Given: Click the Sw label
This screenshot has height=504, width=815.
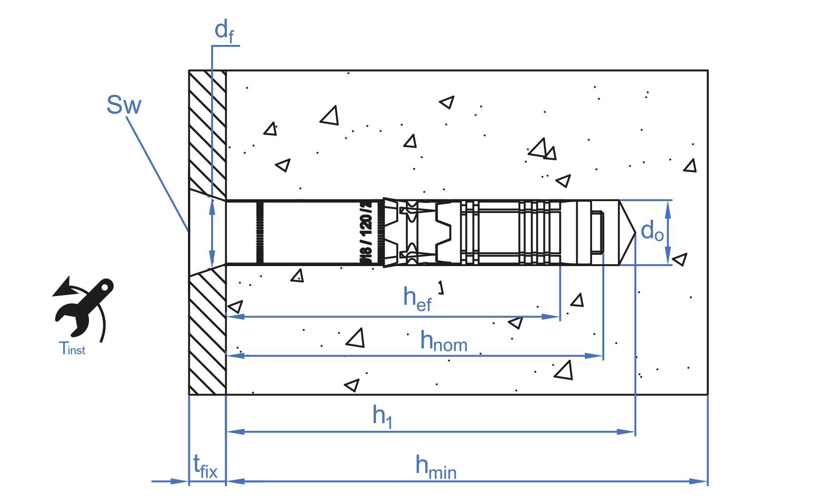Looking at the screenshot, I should coord(123,105).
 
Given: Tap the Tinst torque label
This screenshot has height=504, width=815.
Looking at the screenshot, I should coord(72,348).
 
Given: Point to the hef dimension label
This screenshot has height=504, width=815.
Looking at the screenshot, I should coord(417,299).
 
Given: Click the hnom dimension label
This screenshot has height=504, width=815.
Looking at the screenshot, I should coord(444,341).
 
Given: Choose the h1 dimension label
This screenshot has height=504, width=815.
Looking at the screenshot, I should coord(382,416).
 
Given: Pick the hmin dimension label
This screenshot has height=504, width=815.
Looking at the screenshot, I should coord(436,467).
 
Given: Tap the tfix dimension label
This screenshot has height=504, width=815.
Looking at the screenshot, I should coord(205,467).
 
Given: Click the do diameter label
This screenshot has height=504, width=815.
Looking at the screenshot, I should coord(652,232).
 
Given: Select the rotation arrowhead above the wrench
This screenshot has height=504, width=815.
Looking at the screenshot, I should coord(64,288).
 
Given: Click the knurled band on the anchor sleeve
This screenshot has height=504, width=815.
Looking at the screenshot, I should coord(260,232).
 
